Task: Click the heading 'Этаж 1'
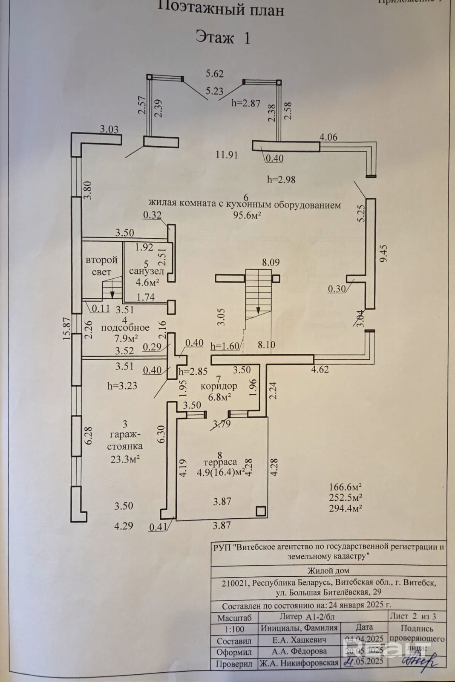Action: click(222, 38)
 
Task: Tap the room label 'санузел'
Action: click(147, 271)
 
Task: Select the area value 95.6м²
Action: click(247, 215)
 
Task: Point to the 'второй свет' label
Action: click(101, 266)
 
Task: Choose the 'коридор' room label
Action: click(219, 386)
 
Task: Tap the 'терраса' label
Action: click(220, 462)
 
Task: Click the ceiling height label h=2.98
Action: click(281, 179)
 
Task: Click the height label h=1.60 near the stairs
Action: click(225, 346)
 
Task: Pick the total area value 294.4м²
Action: click(345, 508)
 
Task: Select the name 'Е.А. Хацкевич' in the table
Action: click(299, 640)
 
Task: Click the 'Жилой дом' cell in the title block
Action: click(328, 571)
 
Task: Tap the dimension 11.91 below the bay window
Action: click(226, 155)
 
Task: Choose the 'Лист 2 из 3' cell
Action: click(412, 616)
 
